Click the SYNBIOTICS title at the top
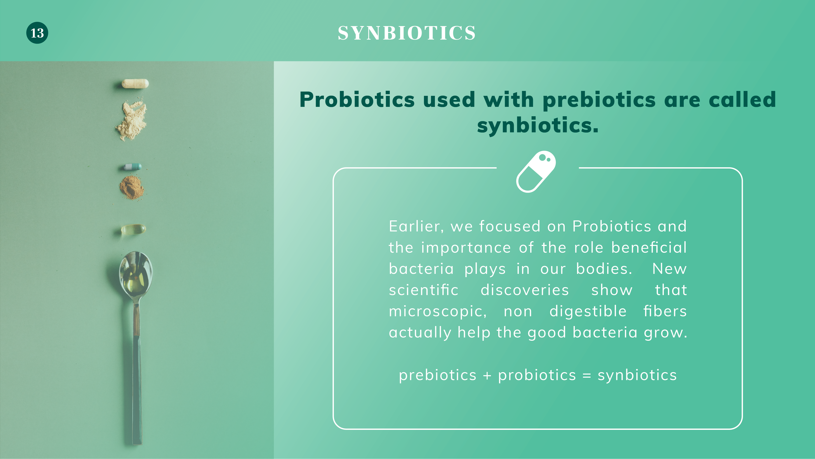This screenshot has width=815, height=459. point(407,33)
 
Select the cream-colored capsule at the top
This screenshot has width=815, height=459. point(135,83)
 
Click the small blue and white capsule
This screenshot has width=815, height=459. point(133,167)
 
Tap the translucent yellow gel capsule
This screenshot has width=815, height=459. point(133,229)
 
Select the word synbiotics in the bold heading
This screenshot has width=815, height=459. point(538,125)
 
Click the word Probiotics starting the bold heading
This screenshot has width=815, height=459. point(357,100)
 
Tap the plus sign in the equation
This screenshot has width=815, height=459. point(487,376)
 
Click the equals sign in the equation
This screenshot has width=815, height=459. point(587,376)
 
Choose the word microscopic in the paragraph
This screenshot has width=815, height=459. point(438,311)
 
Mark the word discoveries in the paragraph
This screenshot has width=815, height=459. point(525,290)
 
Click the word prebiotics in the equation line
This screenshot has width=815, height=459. point(438,375)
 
